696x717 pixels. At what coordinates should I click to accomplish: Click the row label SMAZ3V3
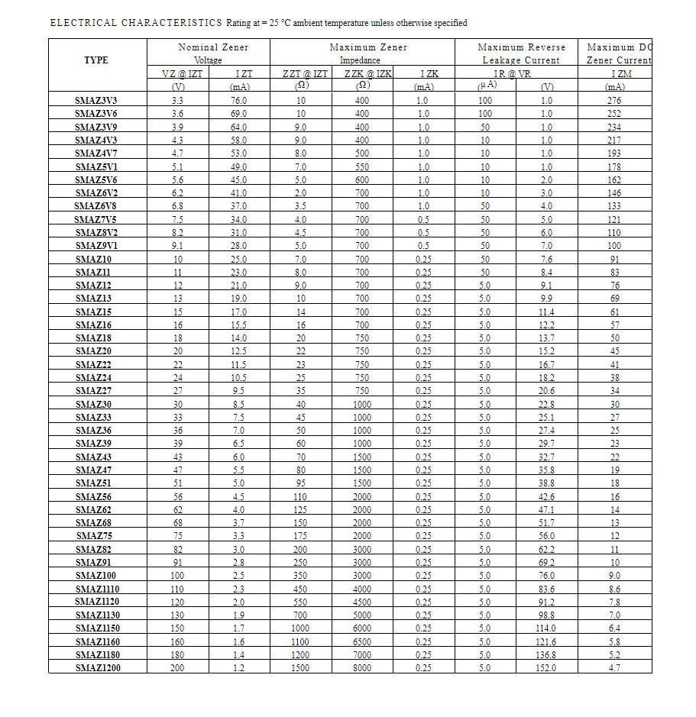[96, 100]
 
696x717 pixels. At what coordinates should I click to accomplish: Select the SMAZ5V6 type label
[96, 179]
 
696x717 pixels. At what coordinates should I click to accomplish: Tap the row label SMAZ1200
[98, 667]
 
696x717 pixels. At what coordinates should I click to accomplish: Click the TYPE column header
[96, 60]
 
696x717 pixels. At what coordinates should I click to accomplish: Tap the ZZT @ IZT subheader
[305, 73]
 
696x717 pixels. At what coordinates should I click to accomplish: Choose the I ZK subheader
[429, 73]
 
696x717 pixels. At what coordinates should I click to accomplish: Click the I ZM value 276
[614, 100]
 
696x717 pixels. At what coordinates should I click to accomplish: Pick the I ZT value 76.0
[239, 100]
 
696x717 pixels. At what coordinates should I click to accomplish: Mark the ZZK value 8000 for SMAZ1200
[363, 667]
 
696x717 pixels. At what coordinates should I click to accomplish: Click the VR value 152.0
[547, 667]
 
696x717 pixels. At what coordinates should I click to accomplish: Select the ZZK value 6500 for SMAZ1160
[363, 641]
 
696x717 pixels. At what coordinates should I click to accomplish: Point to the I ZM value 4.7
[614, 667]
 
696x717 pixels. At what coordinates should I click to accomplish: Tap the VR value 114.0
[547, 628]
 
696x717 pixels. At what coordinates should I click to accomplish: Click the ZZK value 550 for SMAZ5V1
[362, 166]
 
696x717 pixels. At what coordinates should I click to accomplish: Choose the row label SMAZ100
[96, 575]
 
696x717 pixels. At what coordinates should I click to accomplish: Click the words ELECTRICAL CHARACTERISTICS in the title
[136, 23]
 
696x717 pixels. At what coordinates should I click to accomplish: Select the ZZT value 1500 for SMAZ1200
[302, 667]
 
